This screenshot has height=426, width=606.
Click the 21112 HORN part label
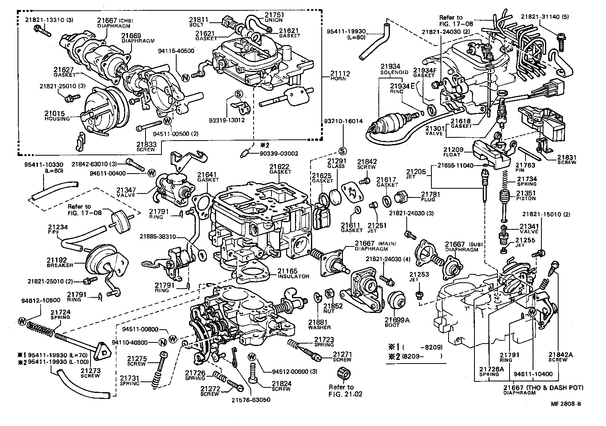click(x=338, y=76)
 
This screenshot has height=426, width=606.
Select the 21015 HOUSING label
click(x=57, y=116)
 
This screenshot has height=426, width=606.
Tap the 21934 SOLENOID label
click(x=394, y=69)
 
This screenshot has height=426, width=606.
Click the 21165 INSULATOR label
click(x=293, y=274)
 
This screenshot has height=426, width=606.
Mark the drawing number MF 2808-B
click(x=566, y=404)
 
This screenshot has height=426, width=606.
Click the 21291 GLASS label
click(x=336, y=163)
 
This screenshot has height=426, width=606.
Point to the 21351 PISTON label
click(x=526, y=195)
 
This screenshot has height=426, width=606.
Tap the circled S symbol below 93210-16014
click(x=342, y=150)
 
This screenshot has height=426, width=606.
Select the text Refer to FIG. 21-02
click(x=341, y=391)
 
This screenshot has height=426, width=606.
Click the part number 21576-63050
click(x=250, y=399)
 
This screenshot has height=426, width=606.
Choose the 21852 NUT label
click(x=333, y=309)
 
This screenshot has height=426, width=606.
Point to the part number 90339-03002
click(x=278, y=153)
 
